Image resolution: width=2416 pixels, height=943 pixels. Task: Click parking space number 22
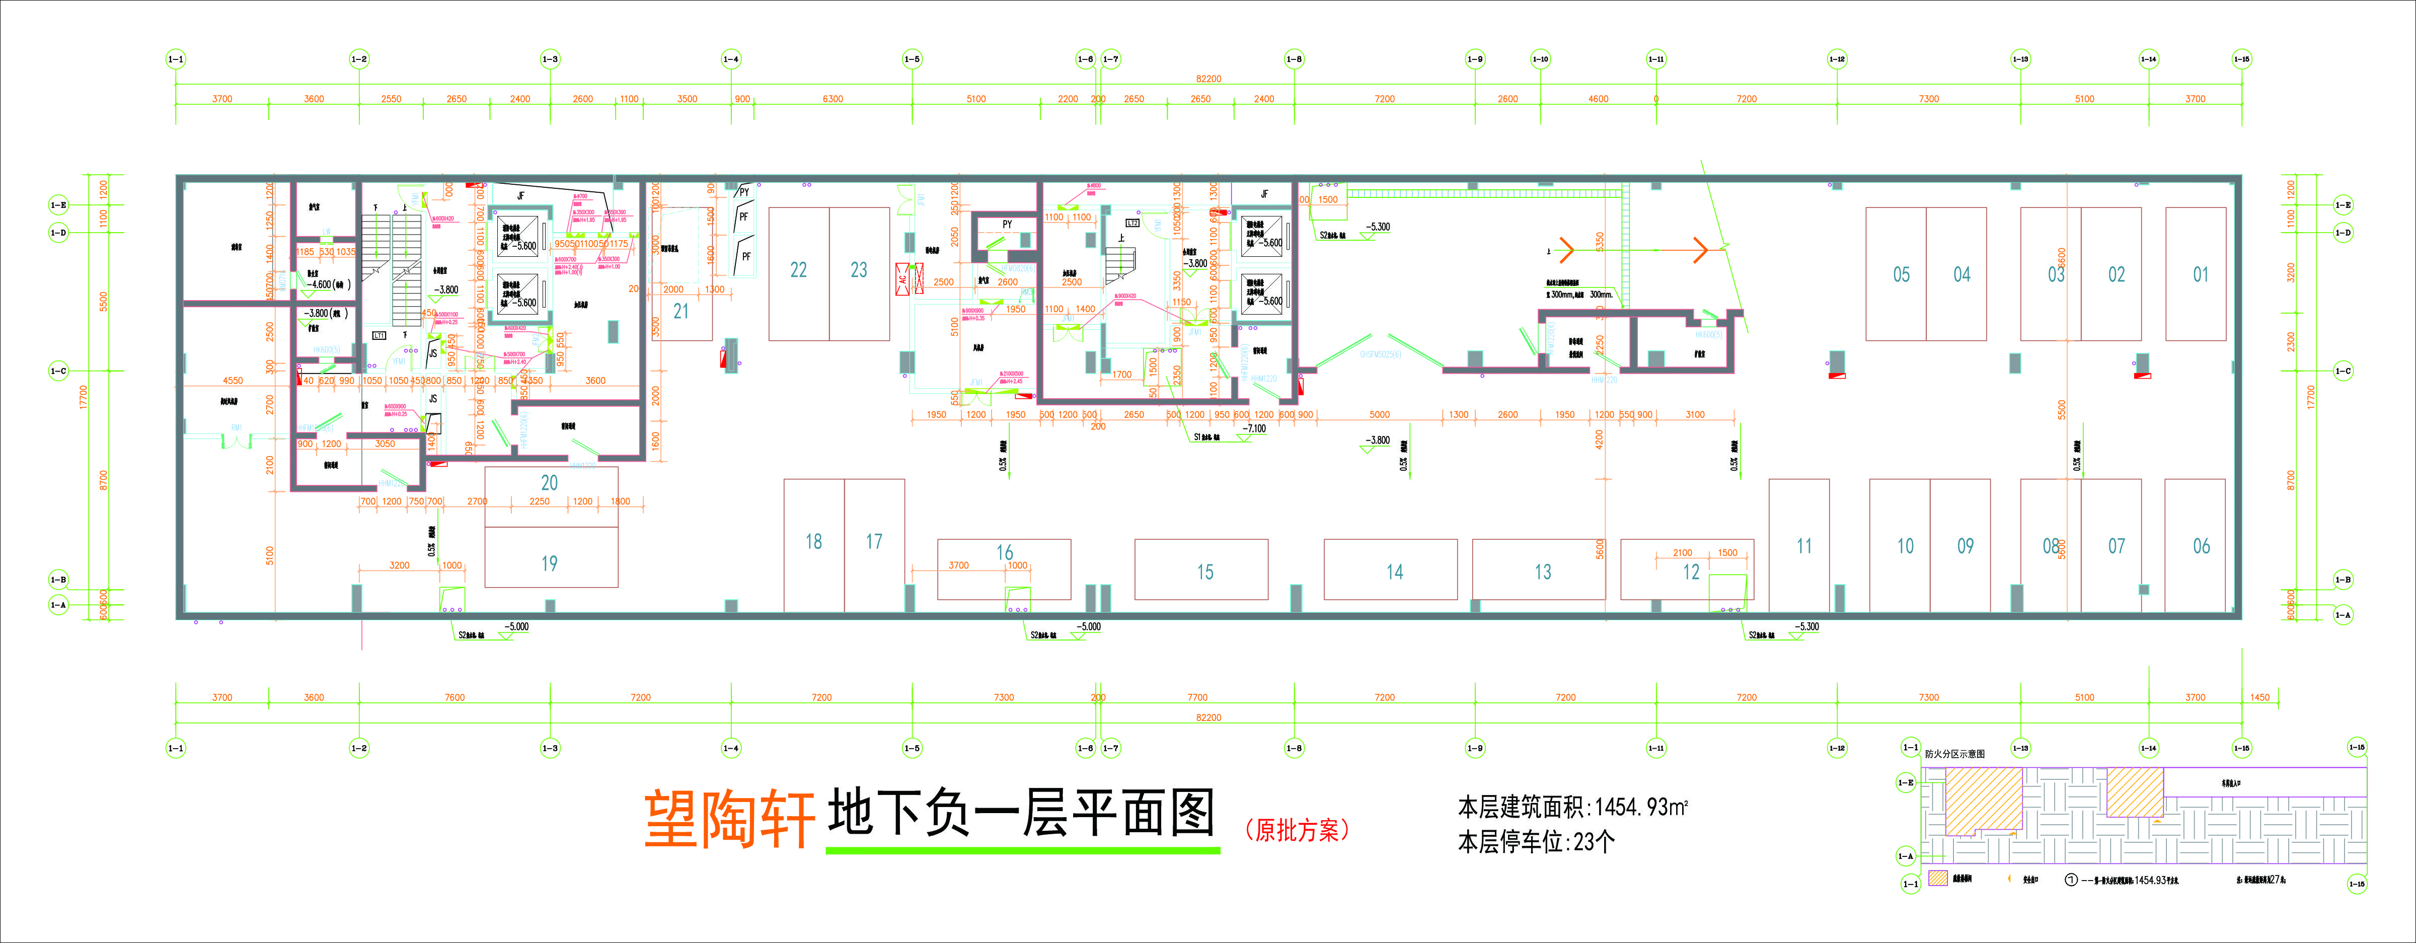pyautogui.click(x=798, y=271)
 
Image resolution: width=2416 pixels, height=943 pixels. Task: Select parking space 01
pyautogui.click(x=2200, y=275)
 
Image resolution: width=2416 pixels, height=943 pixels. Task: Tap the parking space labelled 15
pyautogui.click(x=1204, y=571)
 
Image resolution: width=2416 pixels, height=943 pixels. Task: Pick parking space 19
pyautogui.click(x=550, y=563)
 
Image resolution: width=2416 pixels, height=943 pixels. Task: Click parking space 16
pyautogui.click(x=1005, y=554)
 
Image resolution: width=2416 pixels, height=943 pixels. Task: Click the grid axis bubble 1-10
pyautogui.click(x=1540, y=59)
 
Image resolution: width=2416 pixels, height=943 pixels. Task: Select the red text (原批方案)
pyautogui.click(x=1297, y=829)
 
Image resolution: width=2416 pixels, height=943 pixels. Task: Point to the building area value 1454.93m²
pyautogui.click(x=1641, y=807)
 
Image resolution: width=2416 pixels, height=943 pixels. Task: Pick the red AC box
pyautogui.click(x=902, y=279)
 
